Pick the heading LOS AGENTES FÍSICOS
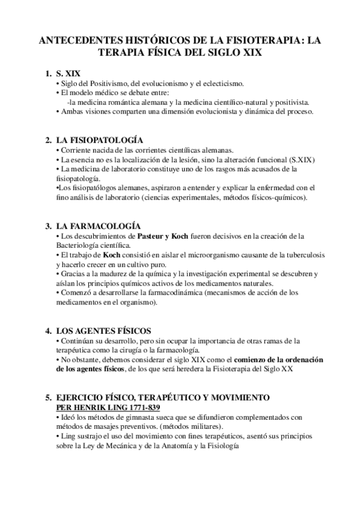click(103, 331)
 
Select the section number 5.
click(48, 398)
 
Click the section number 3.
click(48, 226)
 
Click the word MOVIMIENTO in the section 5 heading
click(239, 398)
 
